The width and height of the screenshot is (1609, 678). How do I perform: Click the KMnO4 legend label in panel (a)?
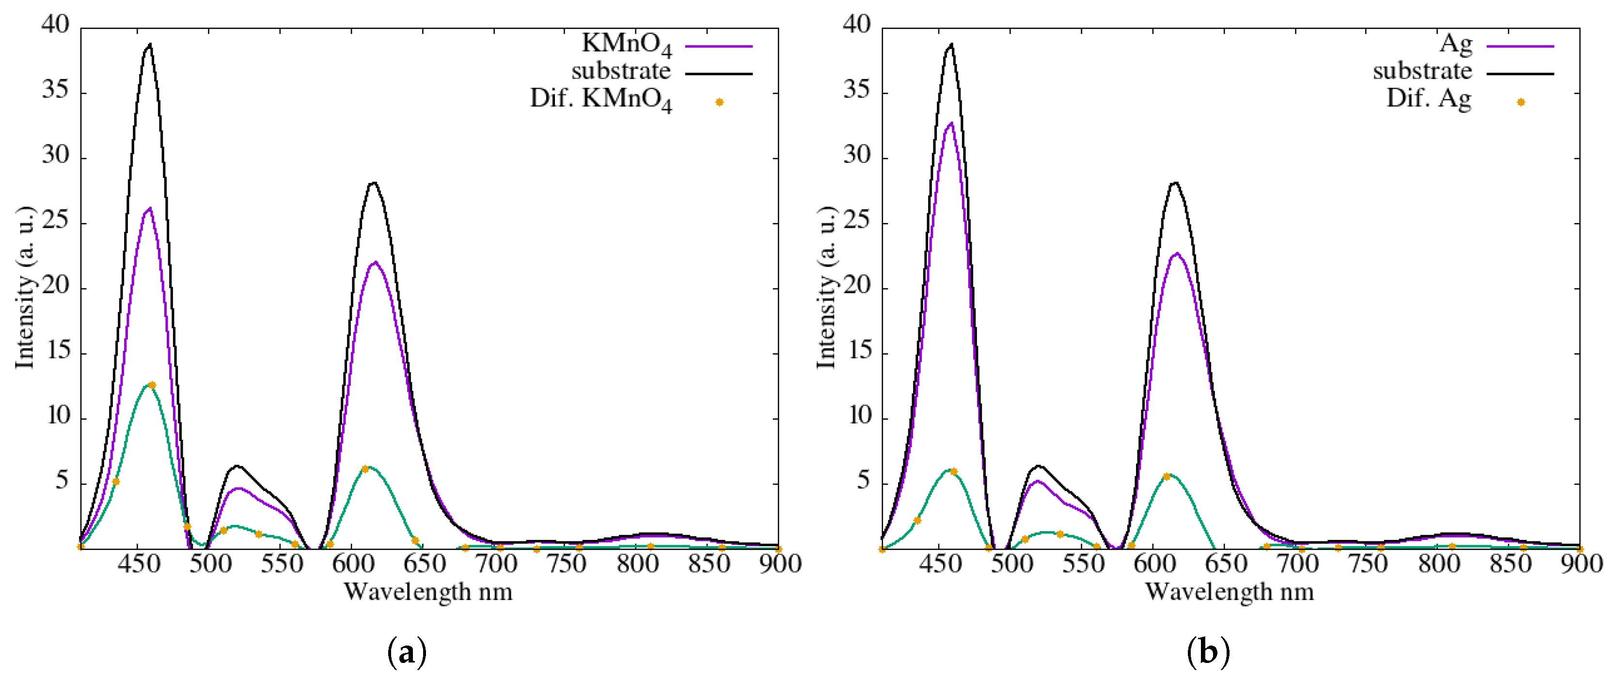point(627,45)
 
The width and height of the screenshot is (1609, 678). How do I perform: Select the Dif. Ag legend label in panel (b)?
point(1429,99)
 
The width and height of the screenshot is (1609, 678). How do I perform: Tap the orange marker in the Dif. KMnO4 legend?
point(720,102)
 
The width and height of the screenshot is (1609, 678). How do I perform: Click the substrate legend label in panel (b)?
point(1422,71)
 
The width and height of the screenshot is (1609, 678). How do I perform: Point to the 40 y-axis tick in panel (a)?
point(56,25)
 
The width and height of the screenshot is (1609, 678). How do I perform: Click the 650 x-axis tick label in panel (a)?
point(424,564)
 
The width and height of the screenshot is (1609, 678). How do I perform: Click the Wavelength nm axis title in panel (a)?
point(428,592)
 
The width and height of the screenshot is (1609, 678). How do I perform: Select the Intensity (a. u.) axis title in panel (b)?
point(826,287)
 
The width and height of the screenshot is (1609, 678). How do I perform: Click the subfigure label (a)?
point(407,652)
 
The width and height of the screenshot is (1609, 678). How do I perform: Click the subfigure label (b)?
point(1208,652)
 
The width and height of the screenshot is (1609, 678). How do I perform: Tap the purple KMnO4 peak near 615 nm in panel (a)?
point(375,263)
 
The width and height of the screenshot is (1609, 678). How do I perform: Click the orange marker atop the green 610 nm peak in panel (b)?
point(1166,477)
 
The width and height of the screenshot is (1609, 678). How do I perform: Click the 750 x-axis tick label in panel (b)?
point(1368,564)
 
